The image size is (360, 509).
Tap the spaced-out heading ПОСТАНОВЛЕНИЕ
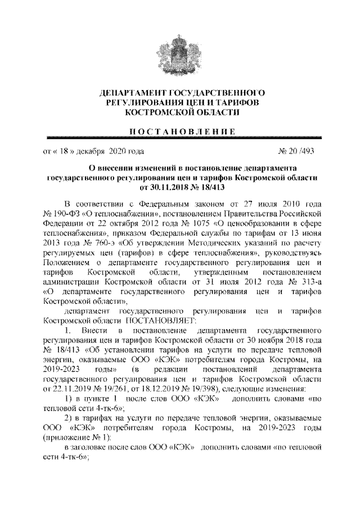click(x=179, y=131)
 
